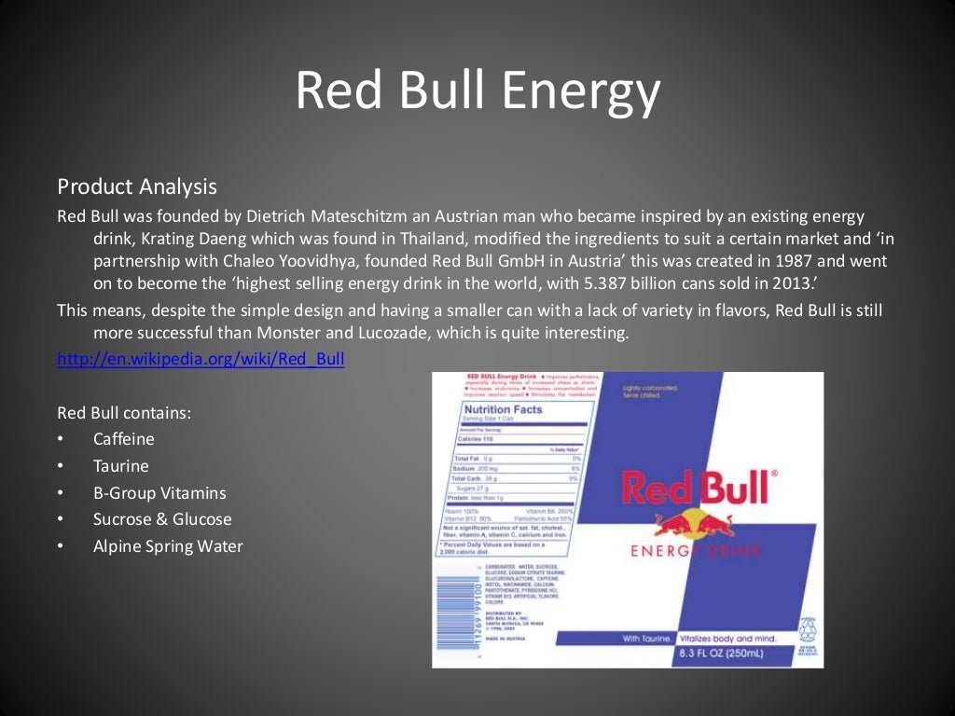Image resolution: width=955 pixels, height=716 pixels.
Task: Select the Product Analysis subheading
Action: (x=137, y=187)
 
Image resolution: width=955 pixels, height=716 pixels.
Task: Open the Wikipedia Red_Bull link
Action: (x=201, y=359)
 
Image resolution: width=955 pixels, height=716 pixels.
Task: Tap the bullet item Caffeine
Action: (x=124, y=439)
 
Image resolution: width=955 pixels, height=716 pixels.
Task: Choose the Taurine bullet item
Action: (x=121, y=466)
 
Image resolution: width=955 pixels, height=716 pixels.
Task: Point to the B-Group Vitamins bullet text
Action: (x=159, y=493)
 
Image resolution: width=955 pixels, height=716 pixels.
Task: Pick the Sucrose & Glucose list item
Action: (x=162, y=519)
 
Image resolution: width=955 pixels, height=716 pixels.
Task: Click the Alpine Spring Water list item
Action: (x=168, y=546)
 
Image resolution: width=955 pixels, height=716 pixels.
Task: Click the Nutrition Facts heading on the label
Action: (x=503, y=409)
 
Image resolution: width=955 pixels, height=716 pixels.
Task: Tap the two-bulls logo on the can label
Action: (x=692, y=524)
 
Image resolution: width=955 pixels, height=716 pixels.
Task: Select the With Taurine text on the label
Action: (x=645, y=639)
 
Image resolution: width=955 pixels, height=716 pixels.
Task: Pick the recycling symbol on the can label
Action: (x=808, y=627)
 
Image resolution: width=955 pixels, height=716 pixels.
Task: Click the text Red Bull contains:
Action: (x=124, y=412)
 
